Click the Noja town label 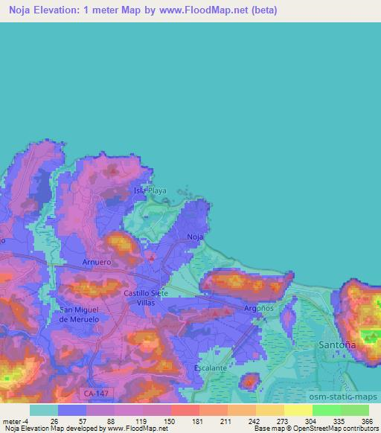point(196,237)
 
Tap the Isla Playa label point(150,190)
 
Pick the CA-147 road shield point(91,390)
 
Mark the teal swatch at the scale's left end point(44,410)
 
